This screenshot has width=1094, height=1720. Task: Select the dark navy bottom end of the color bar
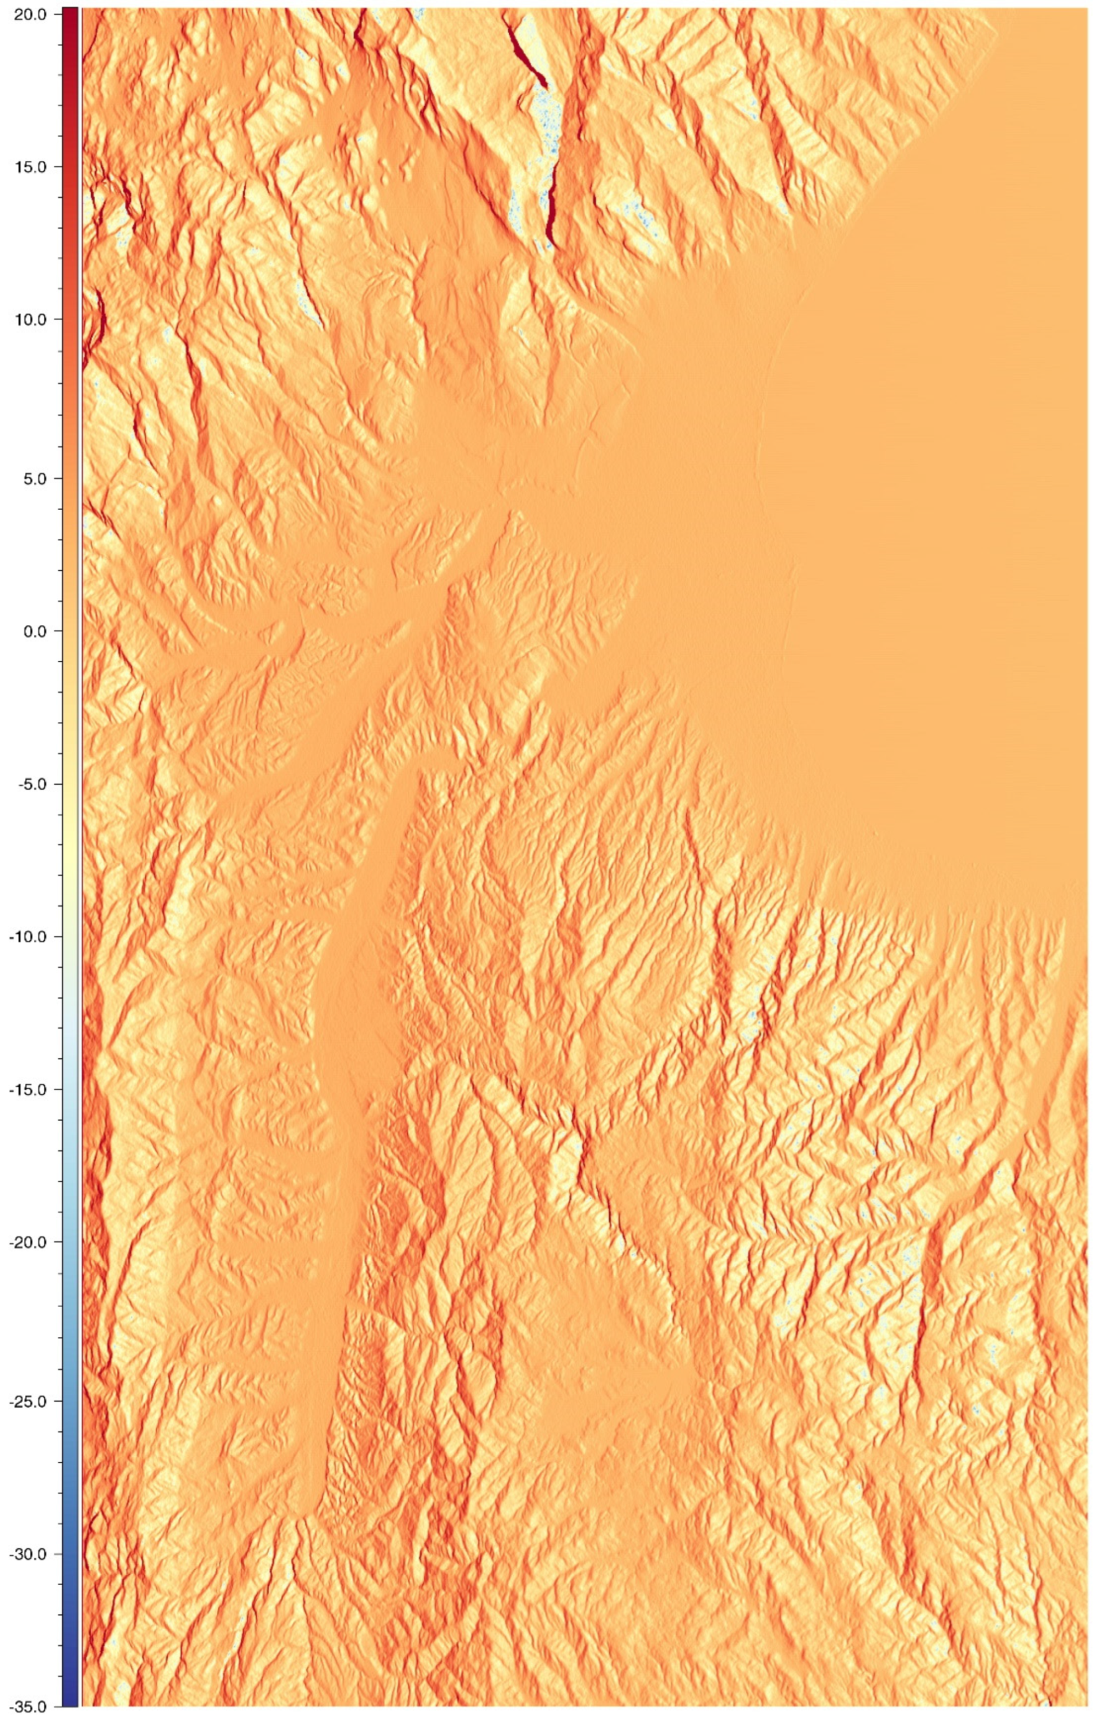point(70,1704)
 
